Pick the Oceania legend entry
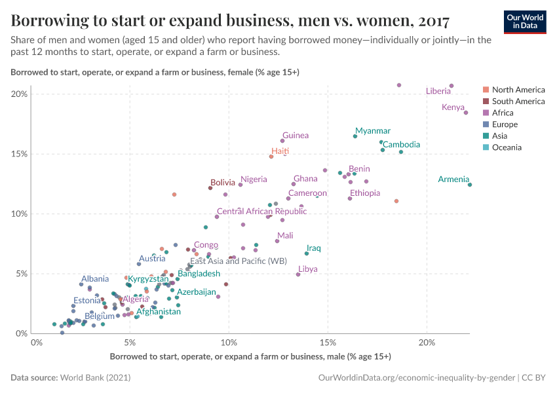coord(507,147)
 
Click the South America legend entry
coord(518,101)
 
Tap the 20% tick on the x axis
coord(427,343)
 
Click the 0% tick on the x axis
coord(37,343)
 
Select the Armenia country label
coord(453,179)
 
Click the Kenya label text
coord(453,107)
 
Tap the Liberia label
coord(438,91)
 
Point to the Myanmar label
coord(372,131)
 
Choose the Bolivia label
coord(222,182)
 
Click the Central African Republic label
coord(261,212)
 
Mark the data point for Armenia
coord(470,185)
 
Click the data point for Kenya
coord(466,113)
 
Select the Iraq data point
coord(306,253)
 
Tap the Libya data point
coord(298,274)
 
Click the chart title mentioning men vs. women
coord(230,20)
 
